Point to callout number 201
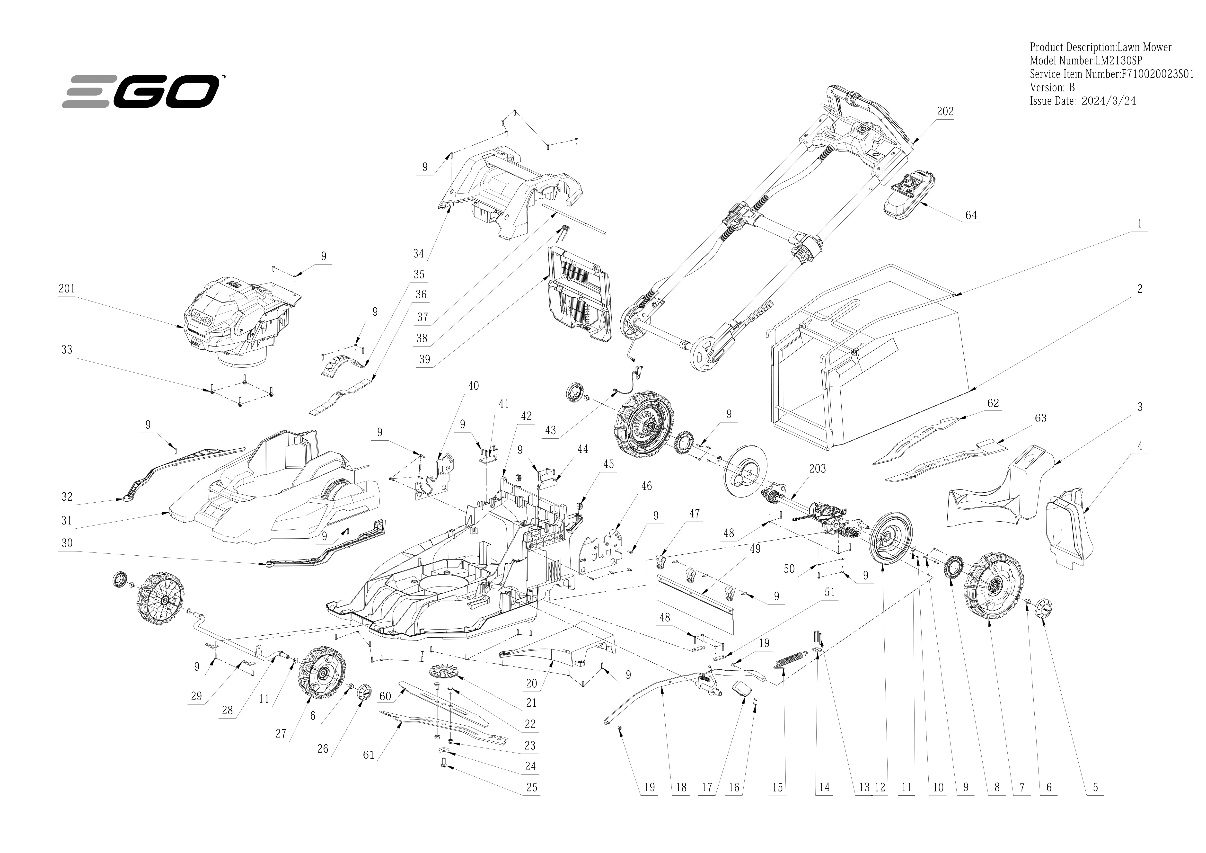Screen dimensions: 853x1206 point(67,288)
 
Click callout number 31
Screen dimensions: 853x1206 point(66,521)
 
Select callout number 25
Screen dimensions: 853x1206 point(532,787)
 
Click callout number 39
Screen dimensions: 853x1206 point(424,359)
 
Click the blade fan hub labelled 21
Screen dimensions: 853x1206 point(444,672)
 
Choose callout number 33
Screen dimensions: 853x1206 point(67,350)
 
